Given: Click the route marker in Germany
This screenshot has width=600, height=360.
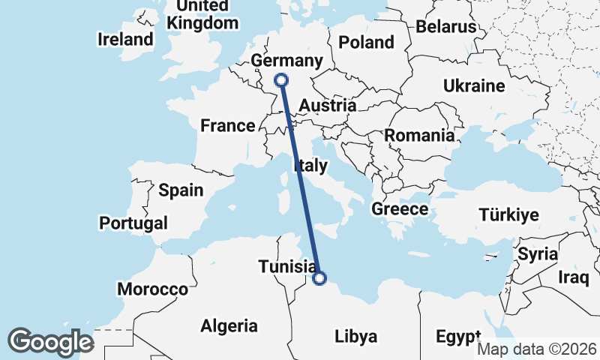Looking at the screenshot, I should point(281,80).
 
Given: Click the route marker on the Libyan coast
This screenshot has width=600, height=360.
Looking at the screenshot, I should point(319,279).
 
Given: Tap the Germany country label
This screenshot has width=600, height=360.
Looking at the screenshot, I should point(287,61).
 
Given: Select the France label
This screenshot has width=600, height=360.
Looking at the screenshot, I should point(228,126).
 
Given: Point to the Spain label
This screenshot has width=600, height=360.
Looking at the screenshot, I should point(181,190).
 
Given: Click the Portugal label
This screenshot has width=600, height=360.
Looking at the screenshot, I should point(133,223).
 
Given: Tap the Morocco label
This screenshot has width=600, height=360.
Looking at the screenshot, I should point(152,289).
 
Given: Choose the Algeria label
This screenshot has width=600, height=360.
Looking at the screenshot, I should point(229,325).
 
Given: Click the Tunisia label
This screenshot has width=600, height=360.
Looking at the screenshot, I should point(286,266).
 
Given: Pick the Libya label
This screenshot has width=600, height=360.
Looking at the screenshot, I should point(355,335).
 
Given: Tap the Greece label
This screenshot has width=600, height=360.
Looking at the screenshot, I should point(400,209).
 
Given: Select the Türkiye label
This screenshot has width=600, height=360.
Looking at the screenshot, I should point(509,215).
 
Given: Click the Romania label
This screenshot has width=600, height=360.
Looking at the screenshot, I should point(419,136).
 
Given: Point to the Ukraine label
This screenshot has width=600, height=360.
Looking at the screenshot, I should point(474,86).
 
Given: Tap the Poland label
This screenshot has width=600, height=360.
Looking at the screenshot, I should point(366,42).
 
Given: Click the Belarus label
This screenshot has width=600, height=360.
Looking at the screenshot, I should point(446,27).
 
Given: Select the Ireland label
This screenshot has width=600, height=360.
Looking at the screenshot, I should point(125,39).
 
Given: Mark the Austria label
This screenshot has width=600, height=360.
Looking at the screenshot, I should point(327,106).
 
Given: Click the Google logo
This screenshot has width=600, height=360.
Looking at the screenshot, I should point(49,341).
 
